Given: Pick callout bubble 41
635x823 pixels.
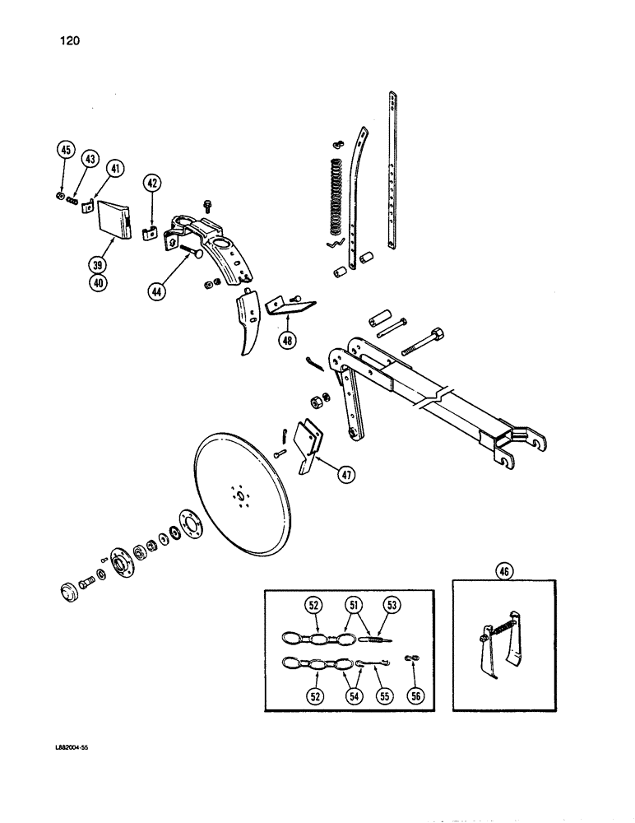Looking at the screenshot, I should pyautogui.click(x=115, y=170).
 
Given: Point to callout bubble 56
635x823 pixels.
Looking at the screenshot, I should pyautogui.click(x=415, y=695).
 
